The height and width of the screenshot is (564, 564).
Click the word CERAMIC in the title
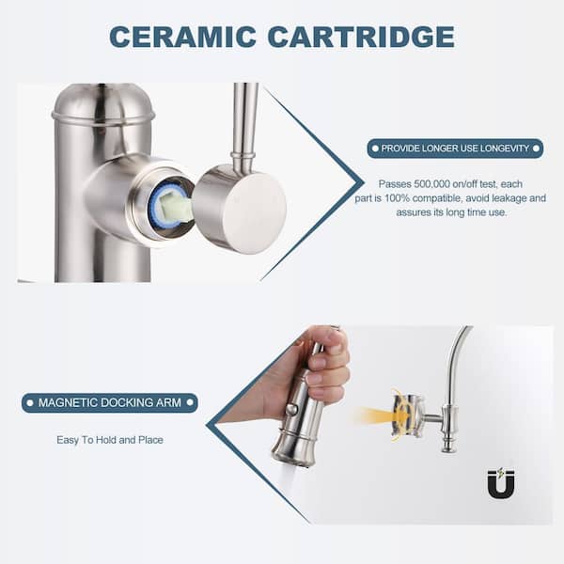coord(182,37)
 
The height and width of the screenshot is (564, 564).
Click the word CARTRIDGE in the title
coord(361,37)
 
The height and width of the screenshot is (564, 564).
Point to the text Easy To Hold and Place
coord(110,440)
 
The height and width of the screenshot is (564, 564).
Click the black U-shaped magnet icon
coord(501,483)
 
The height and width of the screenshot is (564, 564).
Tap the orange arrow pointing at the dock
coord(382,416)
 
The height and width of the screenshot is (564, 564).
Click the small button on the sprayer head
coord(291,409)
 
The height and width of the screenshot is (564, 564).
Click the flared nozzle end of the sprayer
coord(293,454)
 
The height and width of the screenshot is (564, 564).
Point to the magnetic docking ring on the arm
coord(408,415)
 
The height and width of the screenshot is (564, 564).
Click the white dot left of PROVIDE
coord(375,149)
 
